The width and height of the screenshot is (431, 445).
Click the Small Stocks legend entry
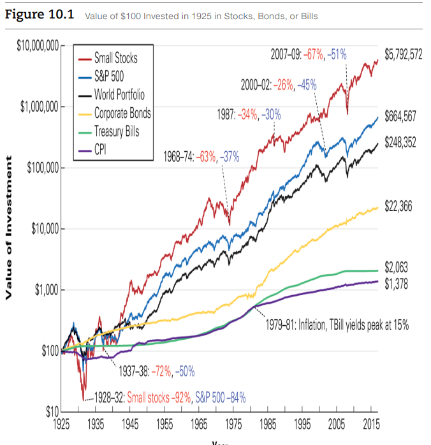(x=115, y=58)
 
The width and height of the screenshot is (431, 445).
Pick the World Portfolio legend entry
(x=119, y=95)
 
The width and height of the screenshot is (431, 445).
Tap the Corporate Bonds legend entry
(x=122, y=113)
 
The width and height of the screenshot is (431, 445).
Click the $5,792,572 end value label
(x=404, y=54)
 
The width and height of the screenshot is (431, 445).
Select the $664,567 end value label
(x=400, y=116)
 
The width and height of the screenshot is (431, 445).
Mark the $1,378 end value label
(x=397, y=284)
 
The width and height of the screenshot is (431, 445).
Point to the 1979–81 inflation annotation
(x=337, y=325)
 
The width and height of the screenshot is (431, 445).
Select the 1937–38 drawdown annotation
(x=157, y=370)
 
